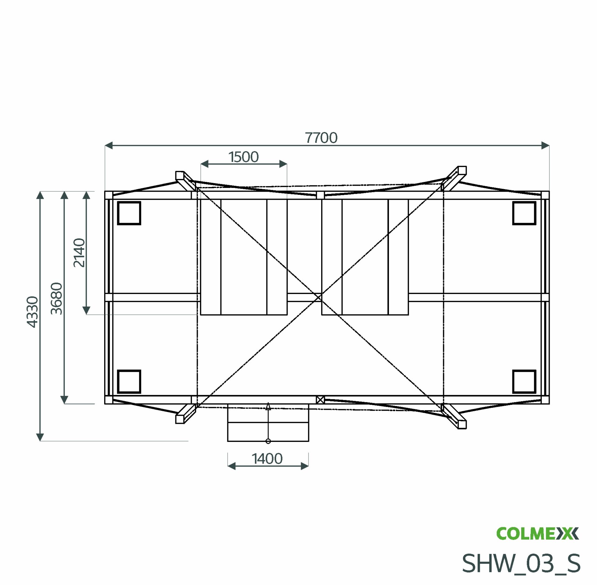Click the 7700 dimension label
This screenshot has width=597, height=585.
point(321,138)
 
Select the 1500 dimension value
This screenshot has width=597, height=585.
point(243,157)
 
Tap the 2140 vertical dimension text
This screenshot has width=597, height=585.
point(79,253)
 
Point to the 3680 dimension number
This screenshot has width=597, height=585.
point(57,298)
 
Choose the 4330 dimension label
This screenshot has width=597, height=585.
point(32,312)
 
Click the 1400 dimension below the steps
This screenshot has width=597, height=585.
point(267,459)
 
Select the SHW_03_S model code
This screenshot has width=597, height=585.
point(521,564)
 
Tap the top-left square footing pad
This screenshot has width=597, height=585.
point(129,213)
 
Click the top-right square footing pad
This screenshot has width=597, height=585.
point(524,213)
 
